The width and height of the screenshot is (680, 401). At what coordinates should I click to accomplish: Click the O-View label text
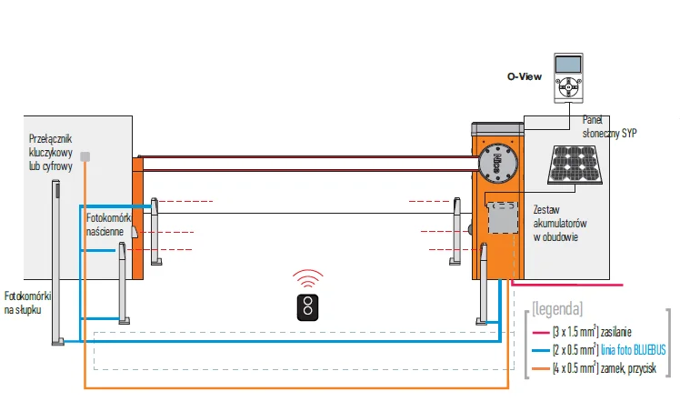(525, 76)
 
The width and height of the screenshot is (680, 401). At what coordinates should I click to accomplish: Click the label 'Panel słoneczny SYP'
(609, 126)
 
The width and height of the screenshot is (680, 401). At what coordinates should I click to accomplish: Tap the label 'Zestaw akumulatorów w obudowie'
(556, 223)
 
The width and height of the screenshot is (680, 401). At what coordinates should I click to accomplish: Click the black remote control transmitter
(310, 307)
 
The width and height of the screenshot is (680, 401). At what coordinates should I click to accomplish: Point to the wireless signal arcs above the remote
(310, 278)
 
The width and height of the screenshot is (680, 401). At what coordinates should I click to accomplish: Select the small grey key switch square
(85, 156)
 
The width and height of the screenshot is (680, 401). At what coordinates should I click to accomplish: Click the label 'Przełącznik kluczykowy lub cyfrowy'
(50, 153)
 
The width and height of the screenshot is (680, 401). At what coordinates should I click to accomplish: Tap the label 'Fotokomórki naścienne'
(110, 226)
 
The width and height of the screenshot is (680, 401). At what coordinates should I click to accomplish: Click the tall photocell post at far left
(57, 259)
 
